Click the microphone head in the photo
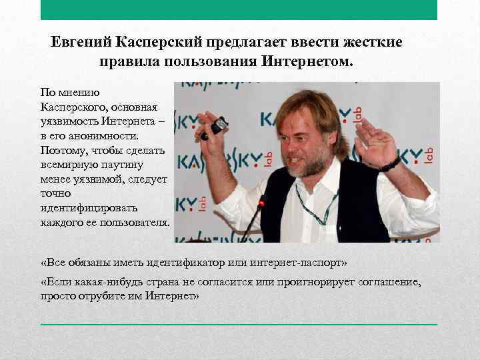[262, 201]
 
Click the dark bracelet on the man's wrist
[390, 164]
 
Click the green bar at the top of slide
[239, 10]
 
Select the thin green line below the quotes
[239, 324]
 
